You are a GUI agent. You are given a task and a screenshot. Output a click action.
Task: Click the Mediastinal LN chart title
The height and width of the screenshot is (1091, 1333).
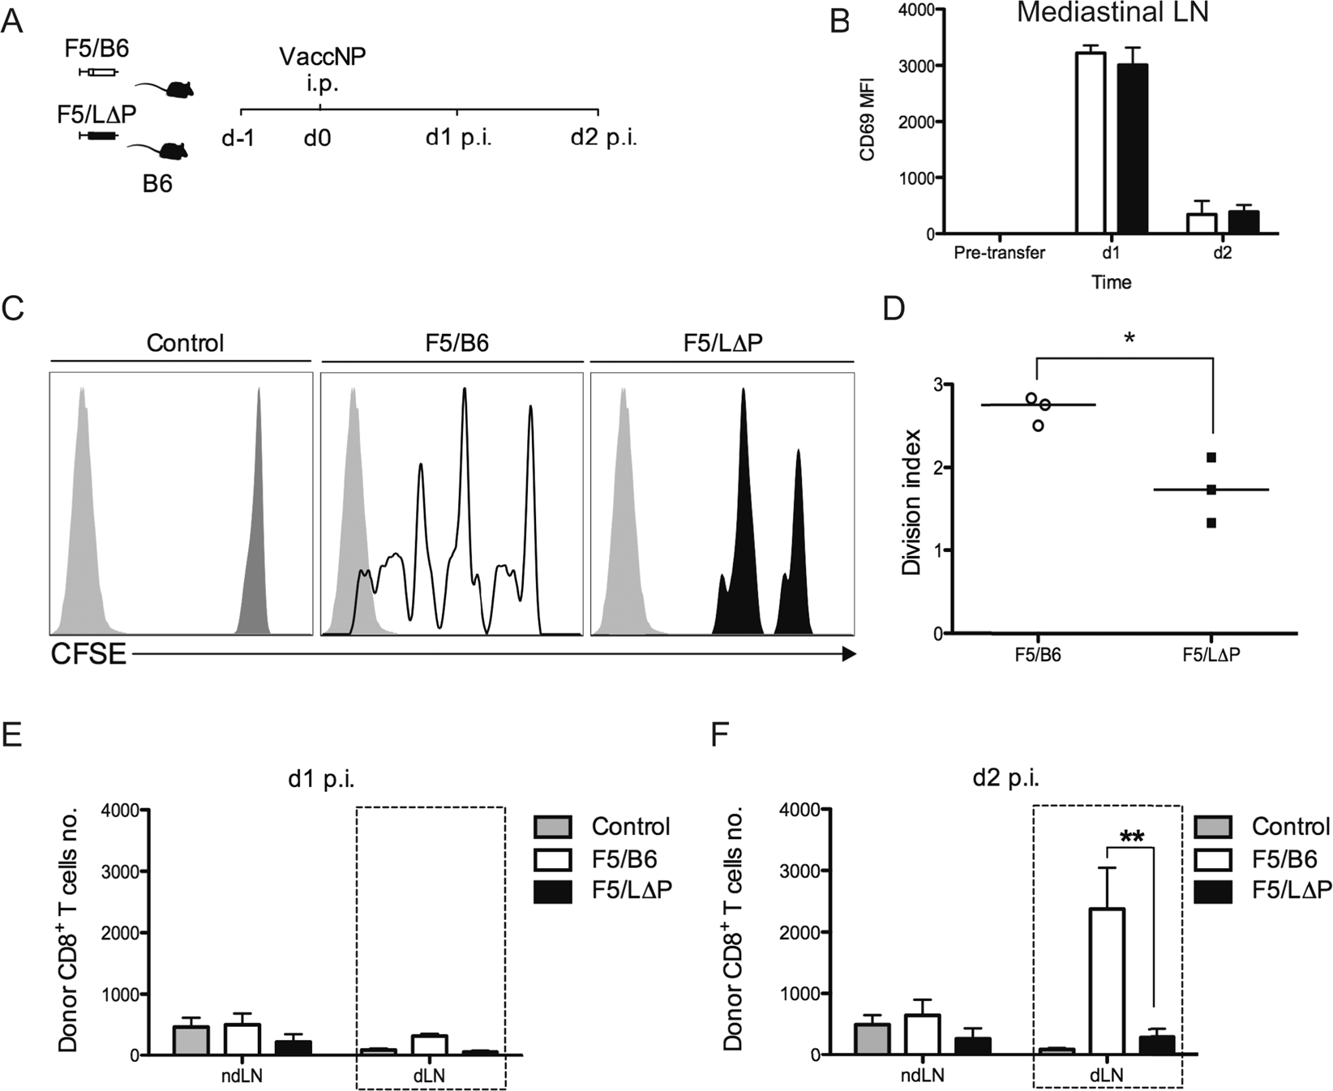1112,14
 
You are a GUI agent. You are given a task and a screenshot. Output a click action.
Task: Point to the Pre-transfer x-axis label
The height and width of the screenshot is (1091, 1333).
999,253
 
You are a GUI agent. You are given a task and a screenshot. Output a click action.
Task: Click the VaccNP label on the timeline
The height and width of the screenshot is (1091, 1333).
321,57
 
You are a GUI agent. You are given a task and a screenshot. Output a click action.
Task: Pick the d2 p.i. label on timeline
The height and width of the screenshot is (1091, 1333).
603,137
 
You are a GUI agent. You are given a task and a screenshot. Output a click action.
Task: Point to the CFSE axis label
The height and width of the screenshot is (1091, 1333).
88,654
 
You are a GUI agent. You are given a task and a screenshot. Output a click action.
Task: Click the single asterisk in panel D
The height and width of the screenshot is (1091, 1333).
1129,338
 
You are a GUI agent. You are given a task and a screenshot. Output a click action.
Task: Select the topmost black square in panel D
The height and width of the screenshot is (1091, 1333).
1211,458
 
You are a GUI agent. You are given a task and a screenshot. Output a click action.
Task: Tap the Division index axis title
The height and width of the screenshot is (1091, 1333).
912,503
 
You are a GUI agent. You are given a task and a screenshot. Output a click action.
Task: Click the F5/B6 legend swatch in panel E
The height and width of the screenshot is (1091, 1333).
553,859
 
